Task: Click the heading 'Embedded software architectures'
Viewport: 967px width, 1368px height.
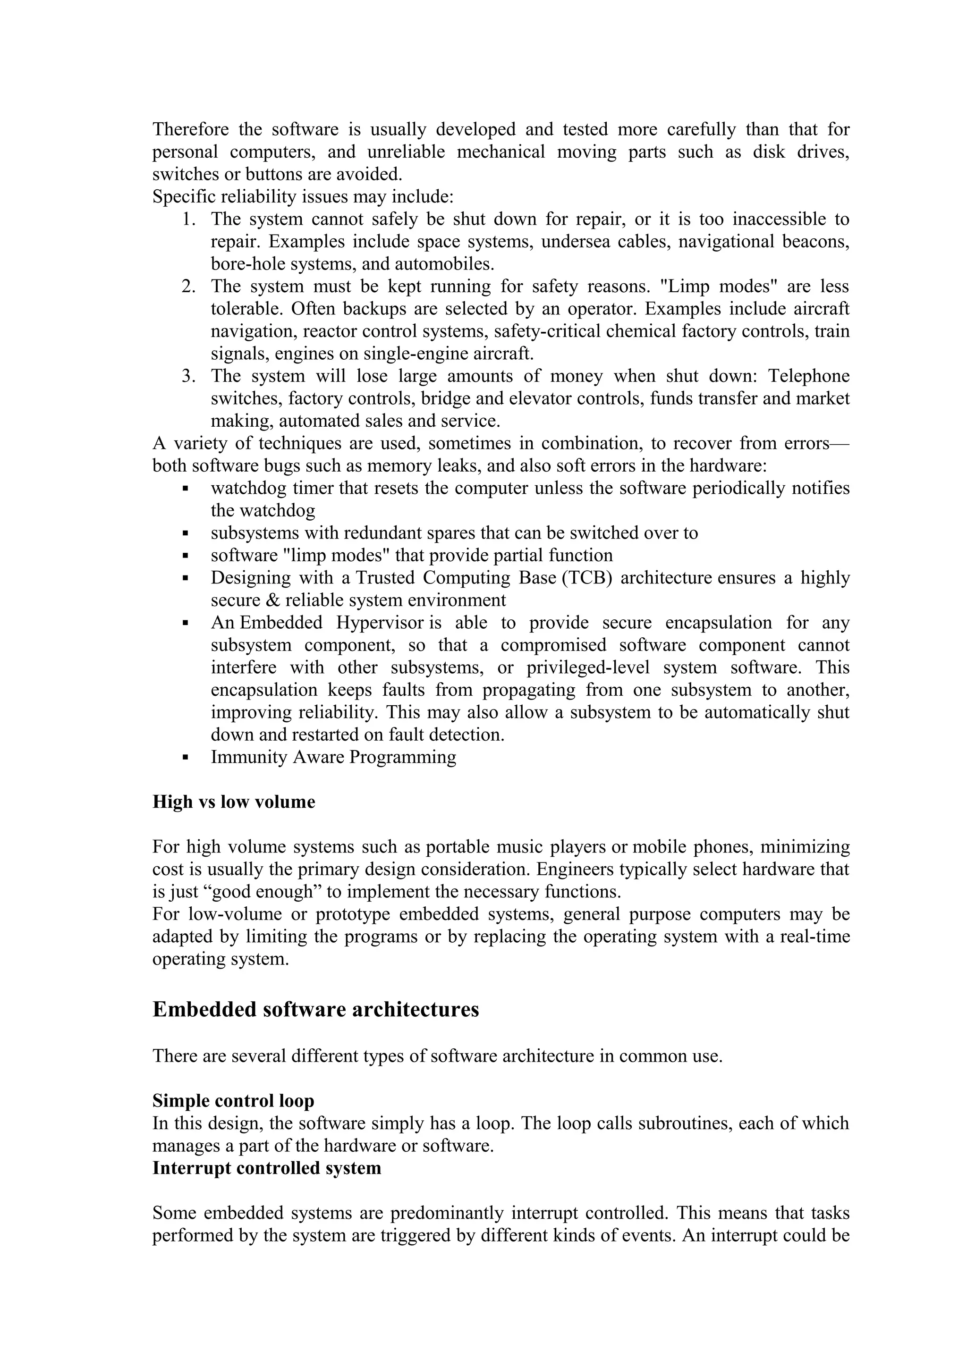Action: click(x=316, y=1010)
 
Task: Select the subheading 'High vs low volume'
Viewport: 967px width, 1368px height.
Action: click(x=234, y=802)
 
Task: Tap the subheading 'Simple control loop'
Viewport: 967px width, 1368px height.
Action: click(x=233, y=1100)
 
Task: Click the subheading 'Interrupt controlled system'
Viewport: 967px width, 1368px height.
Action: click(x=266, y=1168)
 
